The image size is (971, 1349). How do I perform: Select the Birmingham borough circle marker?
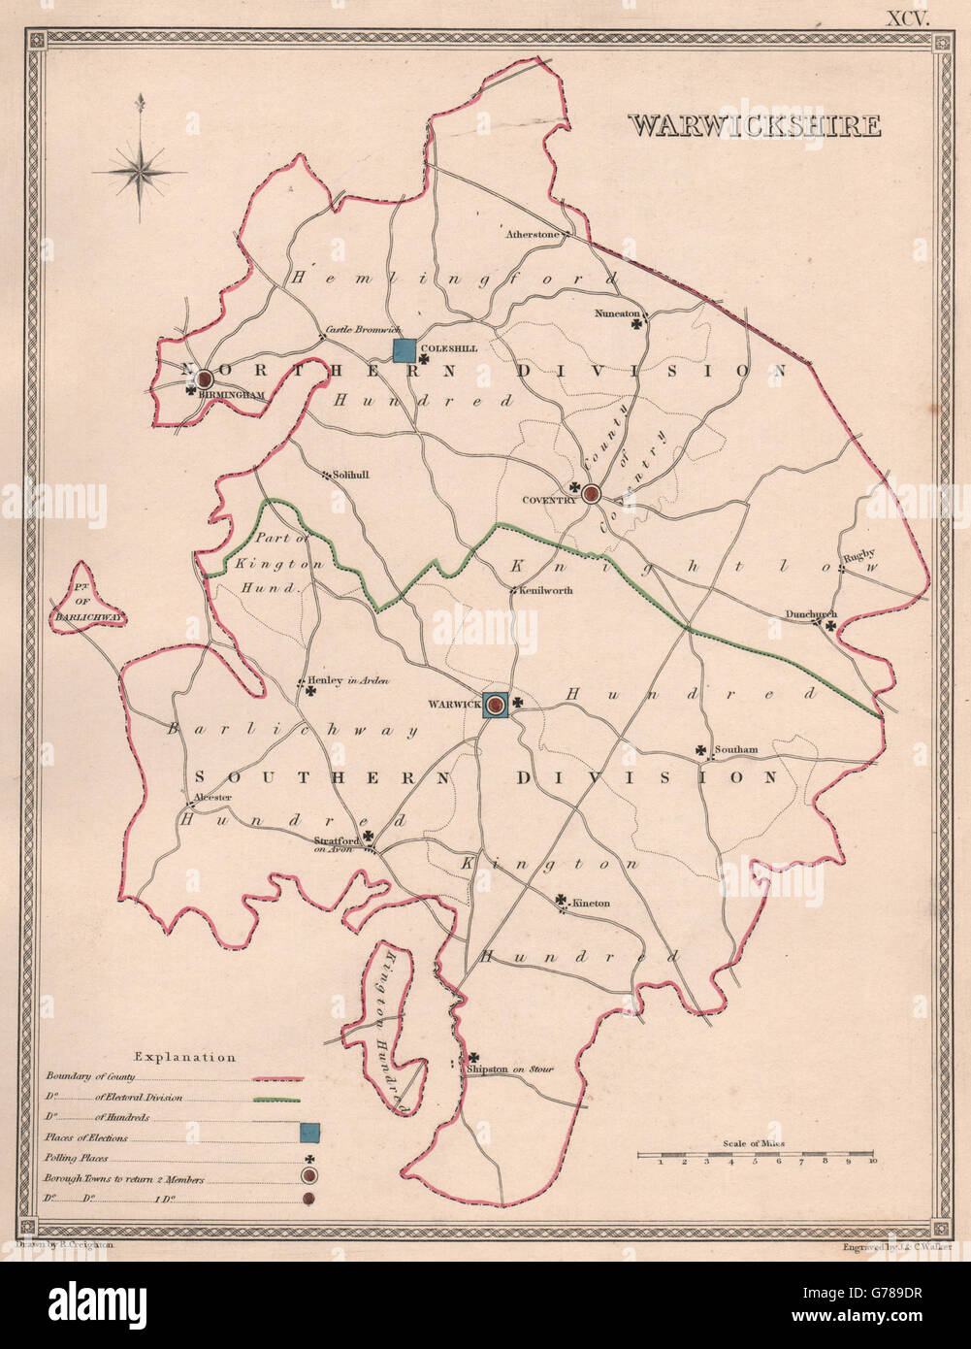206,379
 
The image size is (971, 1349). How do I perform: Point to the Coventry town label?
549,500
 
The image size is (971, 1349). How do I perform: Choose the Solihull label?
346,476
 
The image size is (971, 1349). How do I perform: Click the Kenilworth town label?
546,590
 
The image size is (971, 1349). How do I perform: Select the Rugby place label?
858,557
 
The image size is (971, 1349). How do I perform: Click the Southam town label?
734,750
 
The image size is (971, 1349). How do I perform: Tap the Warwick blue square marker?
497,706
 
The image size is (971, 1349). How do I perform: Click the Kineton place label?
591,904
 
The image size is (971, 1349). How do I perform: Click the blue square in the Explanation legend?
308,1131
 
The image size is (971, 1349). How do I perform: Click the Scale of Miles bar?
758,1155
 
